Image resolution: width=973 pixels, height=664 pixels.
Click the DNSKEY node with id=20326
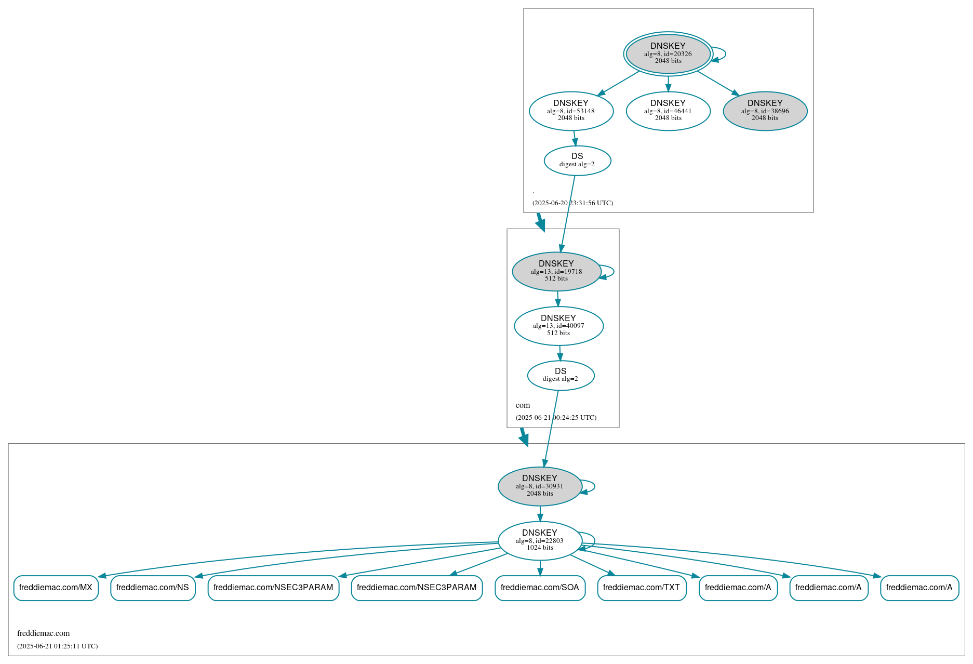[x=668, y=54]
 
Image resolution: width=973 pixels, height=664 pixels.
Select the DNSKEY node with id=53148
[x=571, y=111]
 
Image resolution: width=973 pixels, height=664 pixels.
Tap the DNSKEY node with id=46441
[x=668, y=111]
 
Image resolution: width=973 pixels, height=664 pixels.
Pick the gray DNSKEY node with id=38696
[x=765, y=111]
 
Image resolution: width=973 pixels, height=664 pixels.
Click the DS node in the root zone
[x=577, y=160]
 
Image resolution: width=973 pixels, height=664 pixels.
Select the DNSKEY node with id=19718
[x=556, y=271]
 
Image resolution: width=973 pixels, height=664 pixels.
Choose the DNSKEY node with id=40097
[x=558, y=326]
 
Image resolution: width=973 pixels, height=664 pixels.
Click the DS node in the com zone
[x=561, y=375]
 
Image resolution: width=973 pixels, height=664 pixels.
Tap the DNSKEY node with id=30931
[x=540, y=486]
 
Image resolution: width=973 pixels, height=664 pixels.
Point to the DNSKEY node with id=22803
[x=540, y=541]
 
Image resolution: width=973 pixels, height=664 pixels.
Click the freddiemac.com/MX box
[x=56, y=588]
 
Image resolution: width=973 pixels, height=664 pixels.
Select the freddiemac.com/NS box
[x=153, y=588]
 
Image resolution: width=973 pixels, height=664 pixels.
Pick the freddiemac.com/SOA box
[x=540, y=588]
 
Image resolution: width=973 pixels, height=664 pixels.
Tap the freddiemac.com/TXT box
[x=642, y=588]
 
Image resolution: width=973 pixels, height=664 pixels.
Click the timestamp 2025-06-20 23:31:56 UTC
[x=572, y=203]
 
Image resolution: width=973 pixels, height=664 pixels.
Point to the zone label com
[x=523, y=405]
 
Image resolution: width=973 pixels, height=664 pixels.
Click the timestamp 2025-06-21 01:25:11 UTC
[x=57, y=646]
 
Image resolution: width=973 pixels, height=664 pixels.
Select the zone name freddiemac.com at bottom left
[x=43, y=633]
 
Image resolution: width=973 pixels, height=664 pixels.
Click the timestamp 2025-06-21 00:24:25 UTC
[x=556, y=418]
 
